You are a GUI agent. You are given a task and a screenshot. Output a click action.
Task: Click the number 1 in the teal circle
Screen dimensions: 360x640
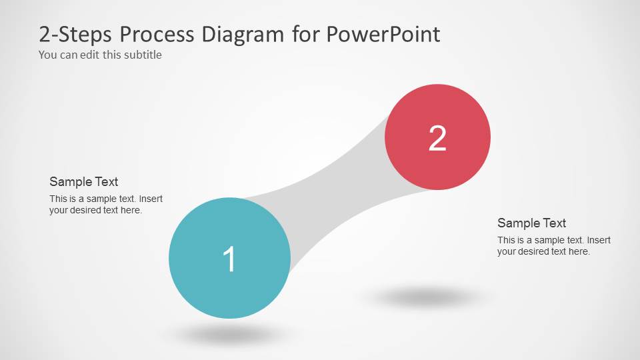pyautogui.click(x=229, y=259)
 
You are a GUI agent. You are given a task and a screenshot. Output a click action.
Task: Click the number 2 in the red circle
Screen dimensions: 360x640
pyautogui.click(x=437, y=138)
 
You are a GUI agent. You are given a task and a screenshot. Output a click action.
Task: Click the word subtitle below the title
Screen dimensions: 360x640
pyautogui.click(x=140, y=55)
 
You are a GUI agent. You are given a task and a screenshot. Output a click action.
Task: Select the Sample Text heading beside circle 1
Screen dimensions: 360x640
pyautogui.click(x=84, y=181)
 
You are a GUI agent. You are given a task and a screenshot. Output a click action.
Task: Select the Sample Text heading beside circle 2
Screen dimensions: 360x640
pyautogui.click(x=531, y=223)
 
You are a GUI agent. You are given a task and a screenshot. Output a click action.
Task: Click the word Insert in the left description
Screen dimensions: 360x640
pyautogui.click(x=151, y=199)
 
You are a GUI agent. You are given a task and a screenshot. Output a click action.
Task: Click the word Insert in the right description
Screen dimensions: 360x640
pyautogui.click(x=599, y=240)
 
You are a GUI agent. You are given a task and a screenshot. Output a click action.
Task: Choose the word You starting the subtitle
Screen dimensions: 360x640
pyautogui.click(x=48, y=55)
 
